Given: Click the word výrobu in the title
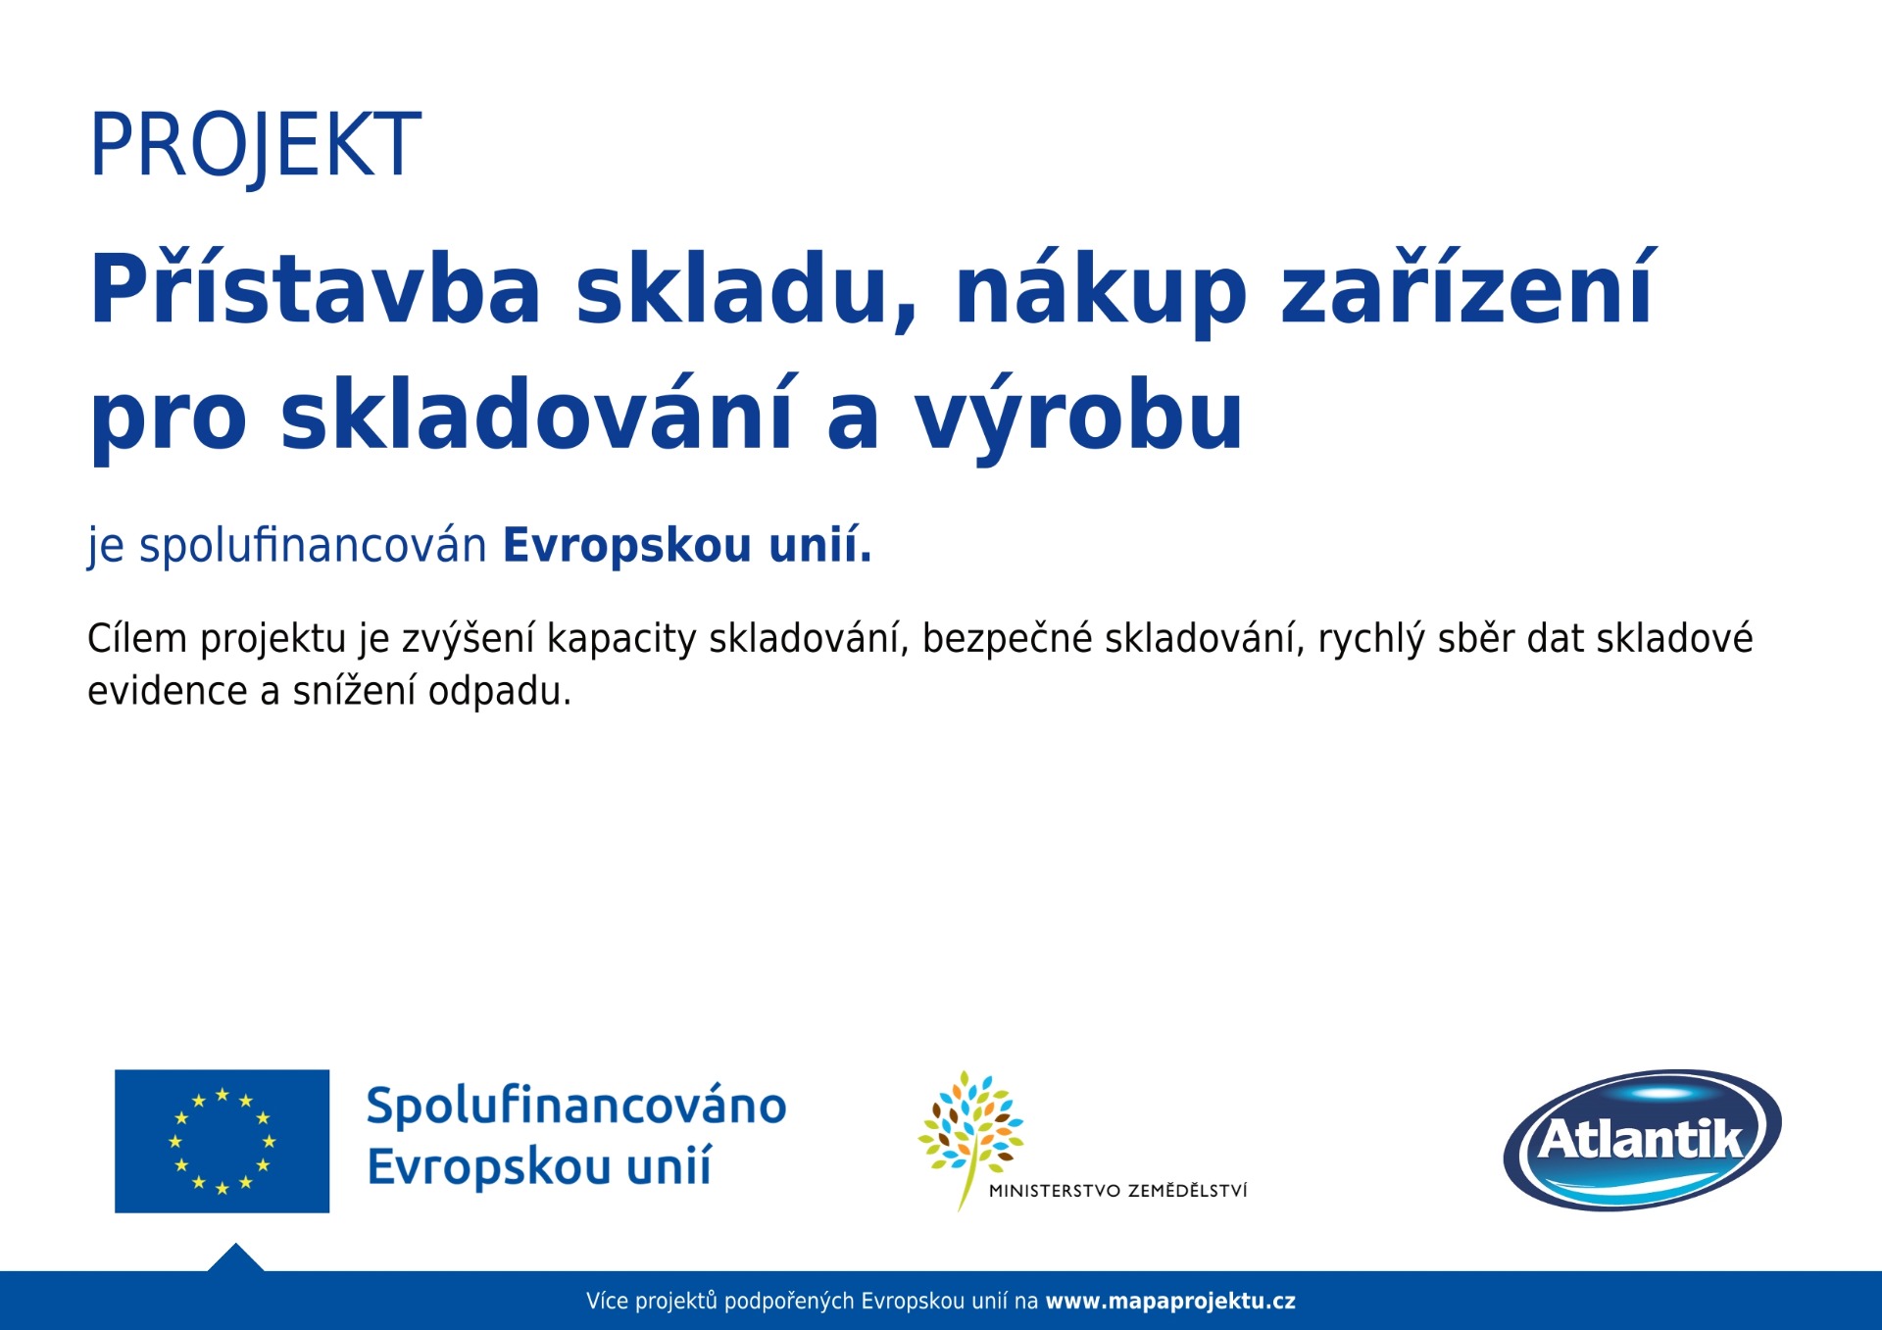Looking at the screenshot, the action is point(1079,416).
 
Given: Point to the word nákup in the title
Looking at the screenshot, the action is point(1101,290).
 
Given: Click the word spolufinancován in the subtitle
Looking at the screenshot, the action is point(313,545).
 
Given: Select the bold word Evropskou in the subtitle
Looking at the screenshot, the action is point(628,545).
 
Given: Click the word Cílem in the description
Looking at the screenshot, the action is point(137,638).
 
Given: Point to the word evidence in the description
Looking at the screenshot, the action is point(168,691).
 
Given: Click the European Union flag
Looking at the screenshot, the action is point(223,1141).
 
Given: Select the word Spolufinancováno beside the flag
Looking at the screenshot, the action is point(576,1106).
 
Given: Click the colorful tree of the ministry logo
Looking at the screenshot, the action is point(970,1137).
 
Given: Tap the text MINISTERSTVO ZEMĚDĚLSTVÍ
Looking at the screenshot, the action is point(1118,1191).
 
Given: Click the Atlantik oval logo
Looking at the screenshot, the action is point(1642,1140).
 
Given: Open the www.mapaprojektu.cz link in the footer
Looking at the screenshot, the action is point(1170,1302).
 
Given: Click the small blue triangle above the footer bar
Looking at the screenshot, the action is point(235,1257).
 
